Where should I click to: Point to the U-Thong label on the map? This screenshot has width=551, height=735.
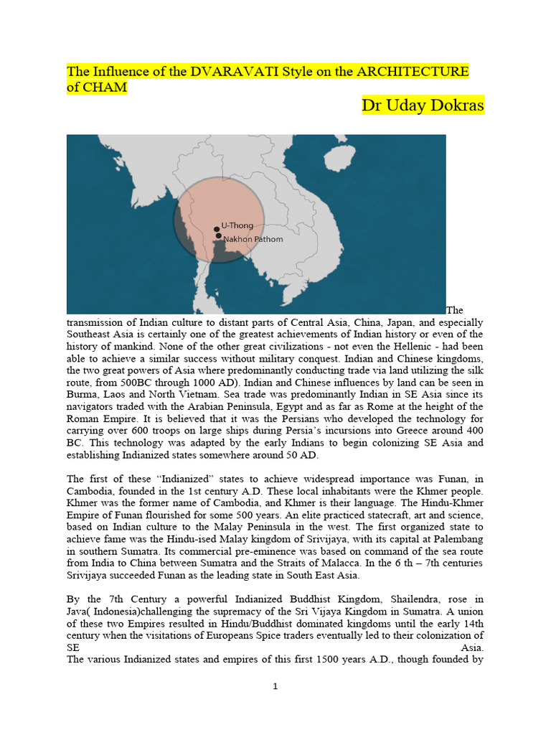tap(237, 225)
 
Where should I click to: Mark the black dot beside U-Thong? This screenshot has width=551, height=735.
tap(217, 230)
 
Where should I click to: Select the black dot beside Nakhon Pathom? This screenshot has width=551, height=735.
tap(218, 236)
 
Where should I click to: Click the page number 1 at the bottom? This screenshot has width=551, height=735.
tap(275, 687)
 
